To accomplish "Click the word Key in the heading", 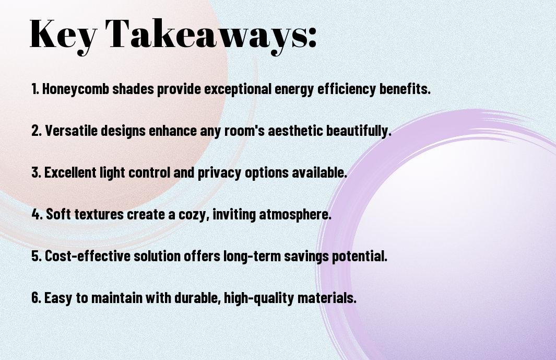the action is tap(63, 35).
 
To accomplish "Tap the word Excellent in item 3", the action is tap(70, 172).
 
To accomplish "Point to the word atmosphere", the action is tap(295, 215).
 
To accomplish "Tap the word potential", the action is tap(360, 257).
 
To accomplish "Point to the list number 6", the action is tap(37, 297).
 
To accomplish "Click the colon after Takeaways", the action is tap(311, 38).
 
